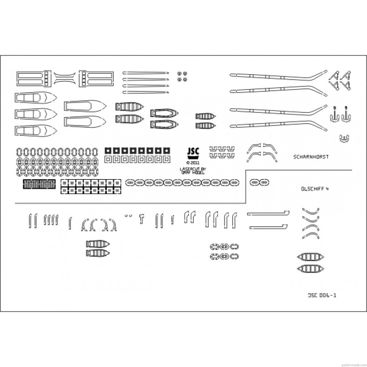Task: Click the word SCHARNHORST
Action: coord(311,157)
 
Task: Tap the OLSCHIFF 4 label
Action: coord(315,189)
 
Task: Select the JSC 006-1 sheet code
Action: coord(322,295)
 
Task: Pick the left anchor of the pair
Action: coord(334,115)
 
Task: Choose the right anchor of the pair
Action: coord(346,115)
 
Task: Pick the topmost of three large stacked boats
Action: coord(36,98)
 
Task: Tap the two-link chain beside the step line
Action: coord(259,182)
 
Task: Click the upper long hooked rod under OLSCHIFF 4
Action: coord(268,213)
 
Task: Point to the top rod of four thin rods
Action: coord(145,72)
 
